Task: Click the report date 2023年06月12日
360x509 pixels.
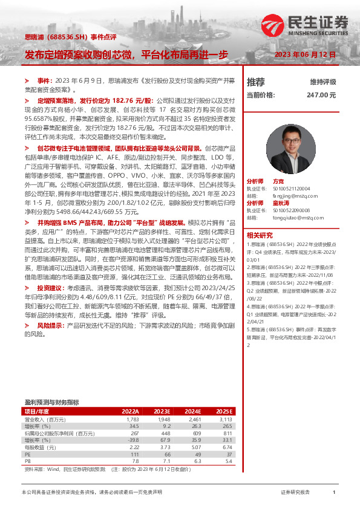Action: click(305, 54)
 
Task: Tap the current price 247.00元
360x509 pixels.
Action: click(321, 95)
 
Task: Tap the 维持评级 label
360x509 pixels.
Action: click(322, 82)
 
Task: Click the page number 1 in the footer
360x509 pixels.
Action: click(334, 493)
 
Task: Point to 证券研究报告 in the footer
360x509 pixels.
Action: click(295, 493)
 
